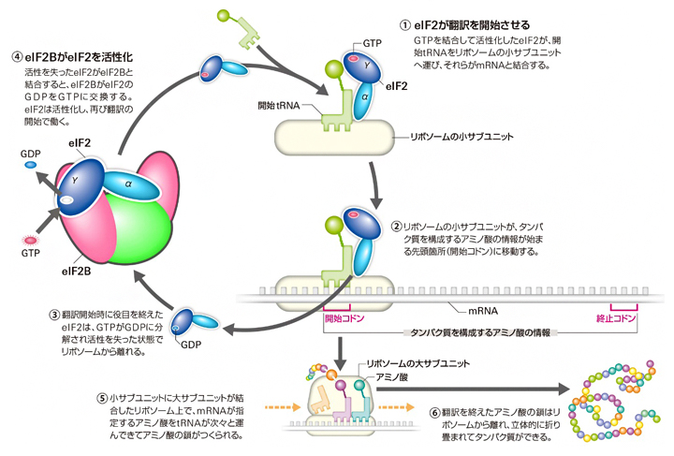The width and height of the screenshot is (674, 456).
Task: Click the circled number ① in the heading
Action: pyautogui.click(x=403, y=25)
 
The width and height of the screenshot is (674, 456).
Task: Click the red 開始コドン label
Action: pyautogui.click(x=344, y=318)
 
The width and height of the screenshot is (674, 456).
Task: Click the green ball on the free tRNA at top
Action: pyautogui.click(x=222, y=15)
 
